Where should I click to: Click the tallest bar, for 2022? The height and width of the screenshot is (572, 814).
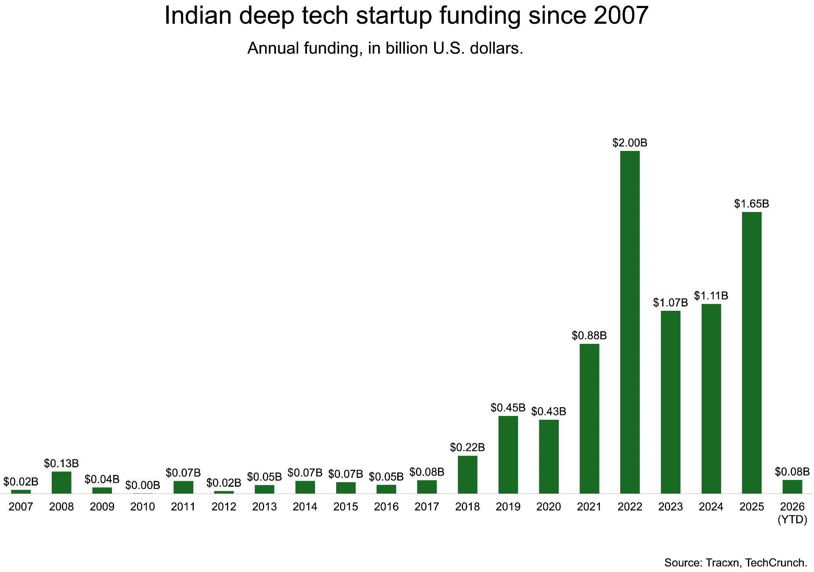[630, 322]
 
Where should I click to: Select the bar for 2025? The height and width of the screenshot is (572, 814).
[751, 353]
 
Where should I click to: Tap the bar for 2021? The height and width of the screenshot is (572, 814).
[589, 419]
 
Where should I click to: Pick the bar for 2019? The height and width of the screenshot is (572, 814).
[508, 455]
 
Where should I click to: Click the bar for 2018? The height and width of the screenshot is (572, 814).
[467, 474]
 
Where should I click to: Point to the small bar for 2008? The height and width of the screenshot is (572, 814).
[61, 483]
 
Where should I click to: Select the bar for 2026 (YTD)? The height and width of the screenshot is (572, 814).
[792, 487]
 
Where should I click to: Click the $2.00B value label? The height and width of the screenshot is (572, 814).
[630, 143]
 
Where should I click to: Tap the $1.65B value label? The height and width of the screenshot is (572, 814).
[751, 204]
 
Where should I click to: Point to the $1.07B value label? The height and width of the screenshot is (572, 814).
[670, 303]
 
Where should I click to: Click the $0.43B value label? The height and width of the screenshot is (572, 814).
[549, 411]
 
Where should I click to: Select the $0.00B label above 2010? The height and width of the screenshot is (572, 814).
[142, 485]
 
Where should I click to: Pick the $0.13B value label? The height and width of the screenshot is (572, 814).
[61, 463]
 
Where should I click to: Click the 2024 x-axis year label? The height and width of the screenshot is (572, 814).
[711, 507]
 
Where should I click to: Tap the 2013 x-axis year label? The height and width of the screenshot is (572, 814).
[264, 507]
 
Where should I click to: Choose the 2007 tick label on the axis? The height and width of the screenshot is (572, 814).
[21, 507]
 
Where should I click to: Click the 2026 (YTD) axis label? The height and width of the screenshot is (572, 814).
[792, 513]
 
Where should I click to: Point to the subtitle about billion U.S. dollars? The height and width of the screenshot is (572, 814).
[385, 48]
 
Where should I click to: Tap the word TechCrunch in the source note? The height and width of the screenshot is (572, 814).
[776, 563]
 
